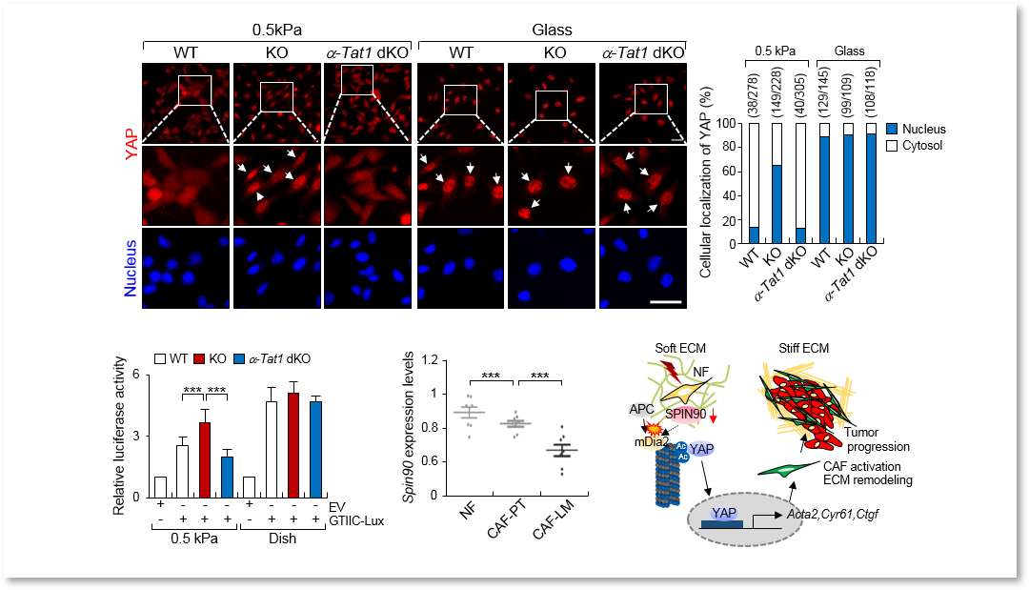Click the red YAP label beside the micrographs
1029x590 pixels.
pyautogui.click(x=131, y=144)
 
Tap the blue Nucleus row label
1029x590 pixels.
pyautogui.click(x=131, y=268)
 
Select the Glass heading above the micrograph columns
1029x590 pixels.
pyautogui.click(x=552, y=31)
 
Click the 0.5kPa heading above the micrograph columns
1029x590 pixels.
pyautogui.click(x=277, y=31)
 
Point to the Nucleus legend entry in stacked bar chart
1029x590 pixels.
pyautogui.click(x=917, y=130)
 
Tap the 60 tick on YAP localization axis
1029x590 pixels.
pyautogui.click(x=729, y=172)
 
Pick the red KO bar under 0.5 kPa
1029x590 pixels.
pyautogui.click(x=205, y=459)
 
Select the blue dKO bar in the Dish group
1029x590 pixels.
pyautogui.click(x=315, y=450)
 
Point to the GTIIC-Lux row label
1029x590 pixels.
pyautogui.click(x=356, y=521)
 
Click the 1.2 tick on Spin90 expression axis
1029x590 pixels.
pyautogui.click(x=430, y=359)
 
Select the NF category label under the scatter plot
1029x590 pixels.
pyautogui.click(x=467, y=510)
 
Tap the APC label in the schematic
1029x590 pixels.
pyautogui.click(x=642, y=410)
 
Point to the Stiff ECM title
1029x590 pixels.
pyautogui.click(x=804, y=348)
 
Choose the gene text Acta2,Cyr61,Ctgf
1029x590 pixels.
pyautogui.click(x=832, y=514)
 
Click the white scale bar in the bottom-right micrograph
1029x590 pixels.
pyautogui.click(x=666, y=302)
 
